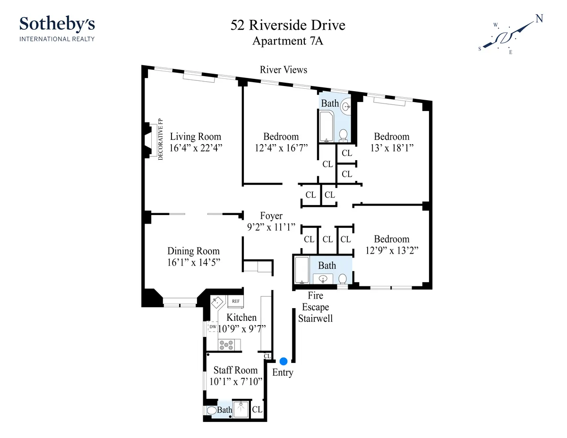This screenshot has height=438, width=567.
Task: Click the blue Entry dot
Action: (283, 361)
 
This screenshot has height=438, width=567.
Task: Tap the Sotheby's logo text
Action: (57, 23)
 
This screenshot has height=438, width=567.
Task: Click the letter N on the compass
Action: (539, 19)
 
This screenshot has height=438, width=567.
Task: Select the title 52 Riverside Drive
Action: (288, 25)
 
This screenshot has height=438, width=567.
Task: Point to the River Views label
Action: (283, 70)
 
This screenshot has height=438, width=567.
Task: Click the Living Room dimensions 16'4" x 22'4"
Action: (196, 147)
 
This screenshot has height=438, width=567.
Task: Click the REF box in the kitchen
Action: (235, 301)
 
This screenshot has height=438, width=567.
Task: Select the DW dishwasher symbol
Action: (213, 326)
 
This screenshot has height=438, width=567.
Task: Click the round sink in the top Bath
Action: (346, 107)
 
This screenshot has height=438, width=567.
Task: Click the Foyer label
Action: (271, 216)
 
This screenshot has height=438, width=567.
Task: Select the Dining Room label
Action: (193, 251)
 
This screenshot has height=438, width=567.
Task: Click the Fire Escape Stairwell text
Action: (315, 307)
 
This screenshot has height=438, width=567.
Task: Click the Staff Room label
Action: (235, 370)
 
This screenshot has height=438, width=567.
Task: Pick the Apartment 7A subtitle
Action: (288, 41)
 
